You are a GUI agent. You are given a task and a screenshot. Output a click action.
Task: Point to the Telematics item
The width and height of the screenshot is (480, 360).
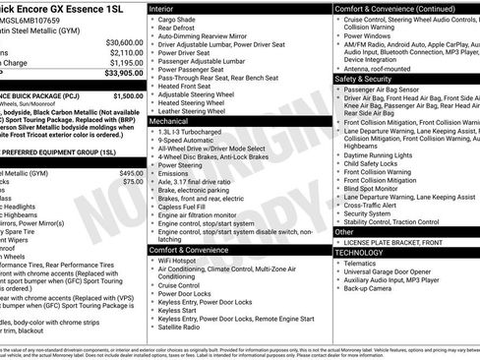[x=365, y=263]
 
